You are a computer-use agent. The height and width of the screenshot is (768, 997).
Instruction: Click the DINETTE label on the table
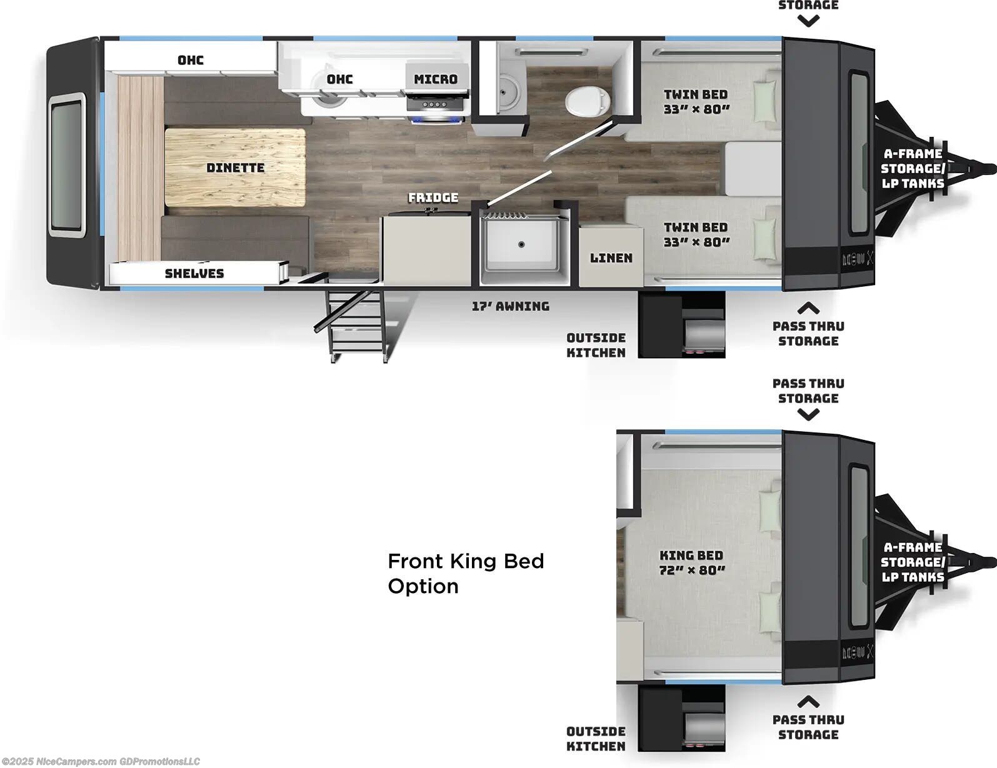(x=235, y=167)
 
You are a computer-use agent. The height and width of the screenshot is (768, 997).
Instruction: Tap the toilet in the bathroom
(x=586, y=99)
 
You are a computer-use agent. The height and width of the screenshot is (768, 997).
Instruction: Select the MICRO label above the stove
(x=436, y=79)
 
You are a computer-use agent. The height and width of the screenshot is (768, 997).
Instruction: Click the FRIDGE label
(x=433, y=197)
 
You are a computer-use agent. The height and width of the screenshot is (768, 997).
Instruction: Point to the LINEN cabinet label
(x=611, y=257)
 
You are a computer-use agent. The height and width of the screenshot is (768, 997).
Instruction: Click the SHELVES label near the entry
(x=194, y=273)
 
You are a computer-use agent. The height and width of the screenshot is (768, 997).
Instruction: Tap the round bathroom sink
(x=506, y=94)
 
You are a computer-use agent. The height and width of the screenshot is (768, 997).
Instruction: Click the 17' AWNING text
(x=511, y=306)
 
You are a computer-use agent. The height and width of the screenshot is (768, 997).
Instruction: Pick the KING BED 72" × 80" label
(x=691, y=562)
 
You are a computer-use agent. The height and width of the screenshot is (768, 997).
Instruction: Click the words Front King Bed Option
(x=466, y=573)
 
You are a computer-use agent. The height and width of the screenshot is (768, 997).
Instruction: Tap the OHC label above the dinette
(x=191, y=60)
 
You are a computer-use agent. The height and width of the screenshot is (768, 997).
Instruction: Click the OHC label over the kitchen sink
(x=339, y=79)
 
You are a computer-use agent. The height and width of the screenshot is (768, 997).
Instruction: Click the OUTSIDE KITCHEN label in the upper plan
(x=596, y=345)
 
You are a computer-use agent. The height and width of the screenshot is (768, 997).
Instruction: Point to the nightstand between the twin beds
(x=753, y=167)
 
